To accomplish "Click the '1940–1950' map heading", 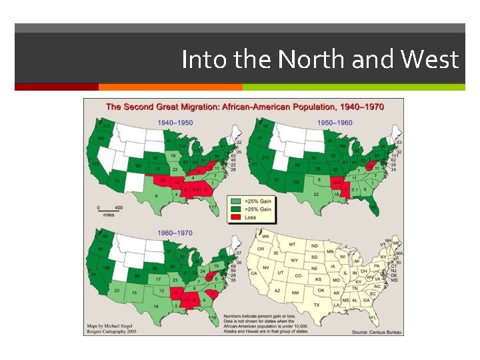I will (x=175, y=123).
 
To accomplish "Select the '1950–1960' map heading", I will (x=334, y=123).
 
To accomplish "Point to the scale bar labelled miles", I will (x=109, y=209).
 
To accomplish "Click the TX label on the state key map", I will (x=317, y=305).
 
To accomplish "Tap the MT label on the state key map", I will (x=292, y=245).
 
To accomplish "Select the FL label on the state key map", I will (x=373, y=317).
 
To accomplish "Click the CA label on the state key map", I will (x=253, y=273).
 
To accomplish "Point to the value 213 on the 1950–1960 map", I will (x=265, y=158).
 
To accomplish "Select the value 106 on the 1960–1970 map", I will (x=105, y=268).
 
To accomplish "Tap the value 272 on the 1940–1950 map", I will (x=95, y=163).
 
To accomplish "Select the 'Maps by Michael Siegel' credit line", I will (x=110, y=326).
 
